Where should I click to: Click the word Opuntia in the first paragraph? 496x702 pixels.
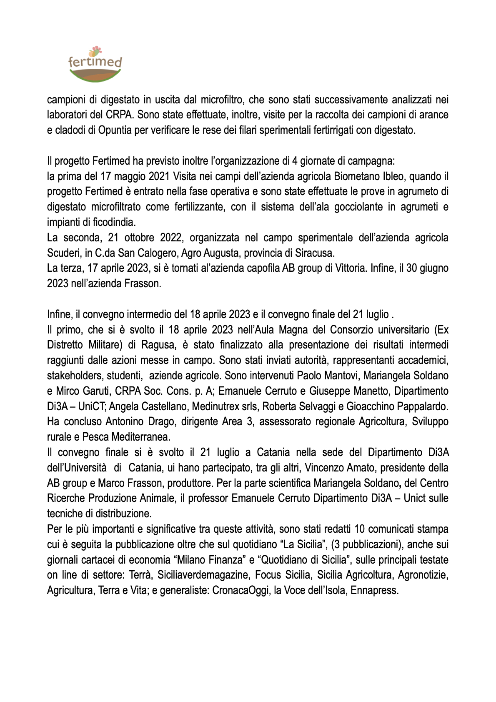pyautogui.click(x=114, y=130)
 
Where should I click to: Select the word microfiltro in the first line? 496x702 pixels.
pyautogui.click(x=224, y=100)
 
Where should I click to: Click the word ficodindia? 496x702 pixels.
pyautogui.click(x=114, y=222)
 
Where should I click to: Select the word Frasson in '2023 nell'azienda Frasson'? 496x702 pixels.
pyautogui.click(x=143, y=283)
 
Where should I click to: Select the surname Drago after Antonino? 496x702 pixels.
pyautogui.click(x=160, y=421)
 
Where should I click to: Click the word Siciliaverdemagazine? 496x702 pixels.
pyautogui.click(x=203, y=575)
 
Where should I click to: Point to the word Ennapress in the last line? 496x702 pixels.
pyautogui.click(x=374, y=591)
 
